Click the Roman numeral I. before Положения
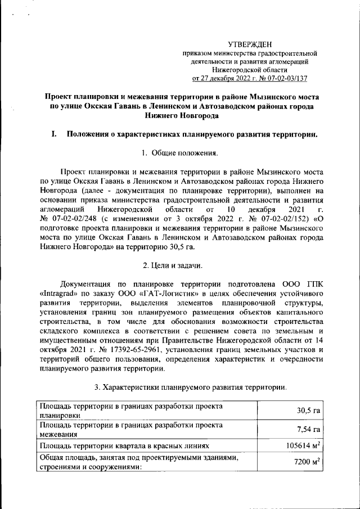[54, 134]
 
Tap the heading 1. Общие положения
[179, 152]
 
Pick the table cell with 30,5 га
[308, 410]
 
